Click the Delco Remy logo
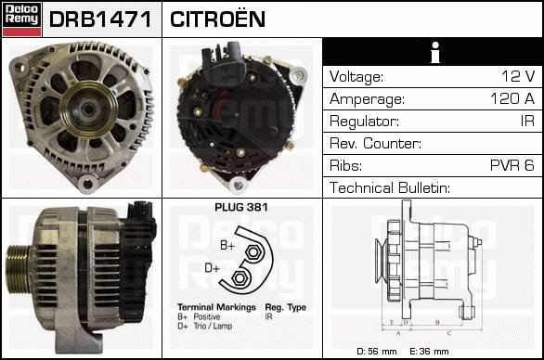pyautogui.click(x=22, y=19)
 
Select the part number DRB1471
pyautogui.click(x=100, y=19)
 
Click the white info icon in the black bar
pyautogui.click(x=434, y=52)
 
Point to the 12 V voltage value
pyautogui.click(x=518, y=76)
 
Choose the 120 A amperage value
pyautogui.click(x=512, y=98)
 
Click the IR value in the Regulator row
pyautogui.click(x=527, y=121)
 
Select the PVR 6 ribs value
pyautogui.click(x=512, y=165)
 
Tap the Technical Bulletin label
pyautogui.click(x=390, y=187)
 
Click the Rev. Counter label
pyautogui.click(x=375, y=143)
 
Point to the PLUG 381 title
pyautogui.click(x=241, y=207)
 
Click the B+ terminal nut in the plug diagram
pyautogui.click(x=253, y=252)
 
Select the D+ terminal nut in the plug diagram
pyautogui.click(x=239, y=277)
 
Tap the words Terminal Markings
pyautogui.click(x=216, y=307)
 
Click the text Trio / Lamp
pyautogui.click(x=213, y=326)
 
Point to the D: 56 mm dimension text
pyautogui.click(x=376, y=352)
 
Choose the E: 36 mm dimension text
pyautogui.click(x=429, y=352)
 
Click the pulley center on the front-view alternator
pyautogui.click(x=88, y=109)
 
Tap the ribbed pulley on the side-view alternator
pyautogui.click(x=19, y=269)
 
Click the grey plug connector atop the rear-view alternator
pyautogui.click(x=236, y=51)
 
